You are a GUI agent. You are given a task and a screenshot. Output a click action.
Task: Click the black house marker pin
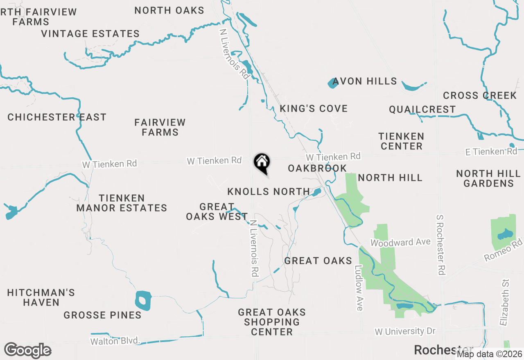(262, 163)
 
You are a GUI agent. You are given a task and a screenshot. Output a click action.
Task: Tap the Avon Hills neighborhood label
(364, 81)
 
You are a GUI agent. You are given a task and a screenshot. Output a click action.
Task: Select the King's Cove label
(314, 109)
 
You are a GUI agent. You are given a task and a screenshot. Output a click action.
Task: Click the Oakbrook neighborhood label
(317, 169)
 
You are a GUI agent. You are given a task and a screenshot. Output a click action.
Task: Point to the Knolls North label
(269, 192)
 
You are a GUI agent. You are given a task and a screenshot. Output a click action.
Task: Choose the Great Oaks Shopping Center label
(272, 322)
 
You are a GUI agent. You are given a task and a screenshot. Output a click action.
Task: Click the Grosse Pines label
(102, 315)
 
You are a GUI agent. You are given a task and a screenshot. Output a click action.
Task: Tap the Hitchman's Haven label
(41, 297)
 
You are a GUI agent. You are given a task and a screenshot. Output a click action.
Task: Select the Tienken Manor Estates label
(122, 203)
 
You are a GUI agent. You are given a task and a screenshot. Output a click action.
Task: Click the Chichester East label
(57, 117)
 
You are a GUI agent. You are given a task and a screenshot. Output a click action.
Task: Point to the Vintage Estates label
(90, 34)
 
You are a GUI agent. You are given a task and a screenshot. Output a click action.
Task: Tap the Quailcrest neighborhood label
(422, 110)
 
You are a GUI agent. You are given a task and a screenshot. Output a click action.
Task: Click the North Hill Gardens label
(488, 179)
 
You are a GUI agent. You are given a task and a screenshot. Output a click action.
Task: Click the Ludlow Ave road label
(359, 288)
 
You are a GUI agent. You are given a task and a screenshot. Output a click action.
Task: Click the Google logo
(28, 351)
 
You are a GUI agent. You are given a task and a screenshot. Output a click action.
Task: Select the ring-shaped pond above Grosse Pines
(143, 301)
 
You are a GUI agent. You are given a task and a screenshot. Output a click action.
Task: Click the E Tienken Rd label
(491, 152)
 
